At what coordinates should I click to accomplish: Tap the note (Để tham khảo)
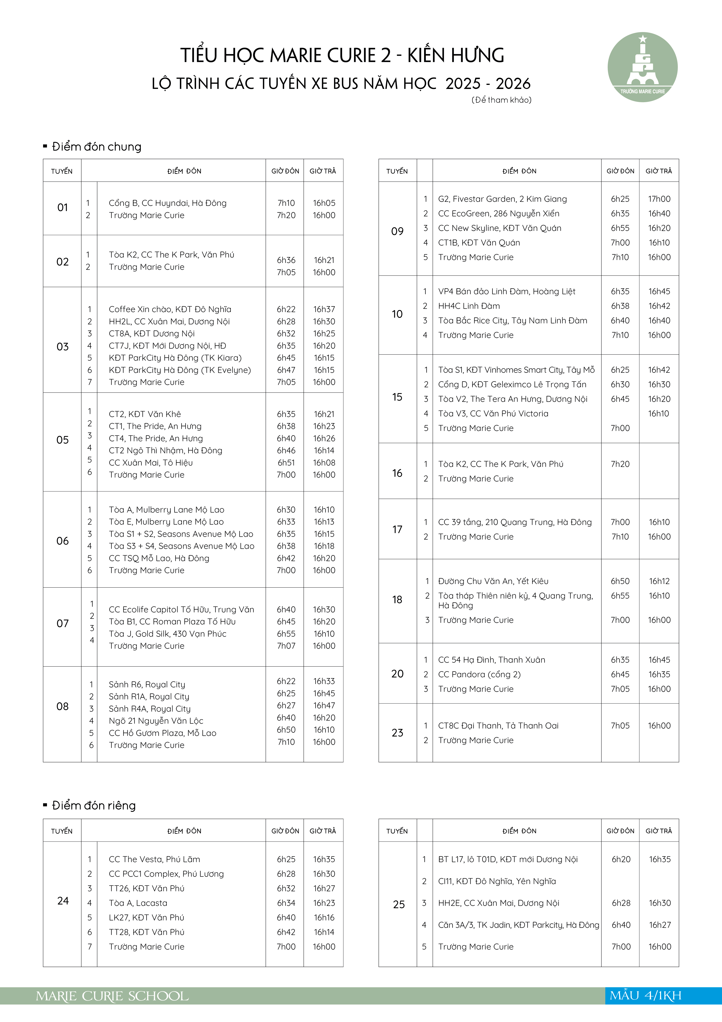501,100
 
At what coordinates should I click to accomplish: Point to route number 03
63,347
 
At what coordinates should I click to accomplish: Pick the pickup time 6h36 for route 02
286,260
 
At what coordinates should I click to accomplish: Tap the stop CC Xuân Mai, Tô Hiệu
151,462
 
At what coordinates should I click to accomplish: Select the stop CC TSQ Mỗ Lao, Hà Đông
159,558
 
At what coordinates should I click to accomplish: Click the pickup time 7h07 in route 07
286,646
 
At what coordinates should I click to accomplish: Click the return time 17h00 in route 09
659,199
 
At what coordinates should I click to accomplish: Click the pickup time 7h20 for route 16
620,464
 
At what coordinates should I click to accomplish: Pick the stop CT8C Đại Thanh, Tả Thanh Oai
498,726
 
